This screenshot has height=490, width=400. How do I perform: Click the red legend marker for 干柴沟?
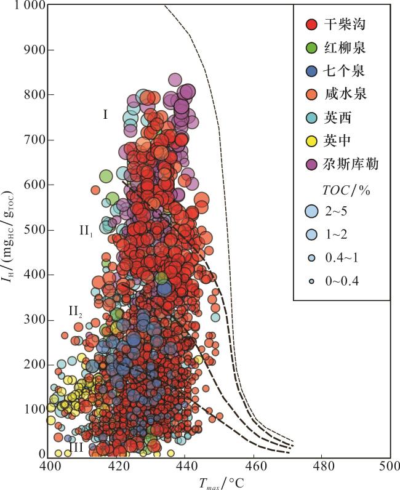pos(311,25)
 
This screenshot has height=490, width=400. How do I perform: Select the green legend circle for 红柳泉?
pos(311,48)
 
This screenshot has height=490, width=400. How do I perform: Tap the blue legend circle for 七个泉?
pos(311,71)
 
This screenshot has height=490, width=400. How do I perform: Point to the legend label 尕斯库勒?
pos(352,164)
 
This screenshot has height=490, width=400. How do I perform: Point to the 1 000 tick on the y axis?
pos(25,6)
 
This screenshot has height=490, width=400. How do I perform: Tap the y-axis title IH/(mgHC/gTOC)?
pos(11,230)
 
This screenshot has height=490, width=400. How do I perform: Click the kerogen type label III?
pos(76,448)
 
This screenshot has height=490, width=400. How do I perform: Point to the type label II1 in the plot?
pos(86,230)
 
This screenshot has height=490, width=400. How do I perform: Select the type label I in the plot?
pos(105,114)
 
